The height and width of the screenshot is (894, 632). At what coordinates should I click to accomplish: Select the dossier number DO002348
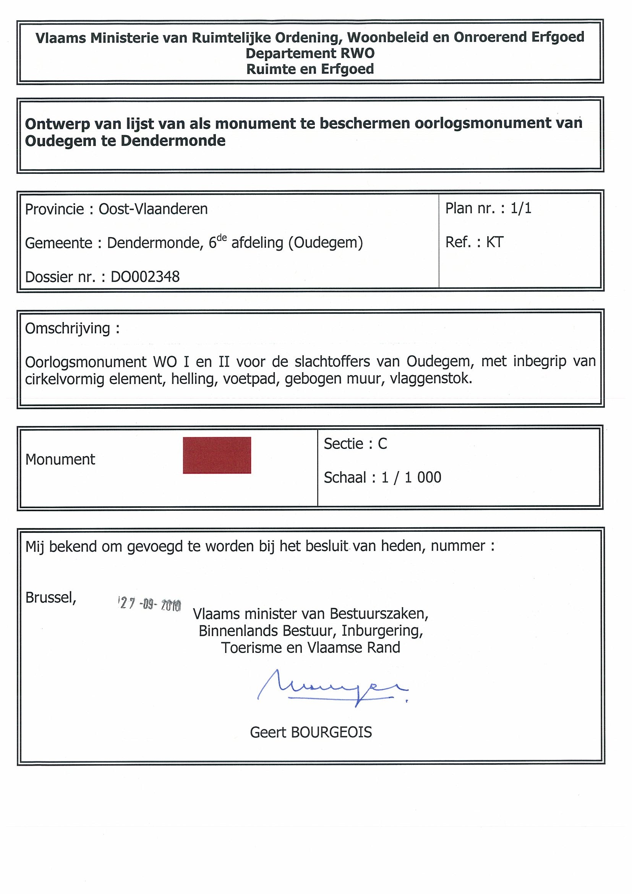(x=145, y=277)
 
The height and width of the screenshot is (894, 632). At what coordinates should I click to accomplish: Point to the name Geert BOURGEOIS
(x=311, y=732)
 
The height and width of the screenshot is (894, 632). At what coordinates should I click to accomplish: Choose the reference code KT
(x=494, y=242)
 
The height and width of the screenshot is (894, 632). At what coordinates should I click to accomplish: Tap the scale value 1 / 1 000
(x=411, y=477)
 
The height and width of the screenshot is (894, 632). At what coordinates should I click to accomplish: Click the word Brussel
(x=50, y=597)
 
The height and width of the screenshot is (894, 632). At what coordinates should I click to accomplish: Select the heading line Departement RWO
(x=310, y=53)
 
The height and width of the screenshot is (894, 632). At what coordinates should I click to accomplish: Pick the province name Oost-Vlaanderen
(x=153, y=209)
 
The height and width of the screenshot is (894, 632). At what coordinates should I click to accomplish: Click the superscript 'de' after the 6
(x=222, y=238)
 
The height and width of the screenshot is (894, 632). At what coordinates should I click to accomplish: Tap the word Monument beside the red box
(x=60, y=460)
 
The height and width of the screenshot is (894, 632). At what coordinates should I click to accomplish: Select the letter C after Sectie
(x=382, y=444)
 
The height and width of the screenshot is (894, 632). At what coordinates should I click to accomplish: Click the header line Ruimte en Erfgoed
(x=310, y=69)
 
